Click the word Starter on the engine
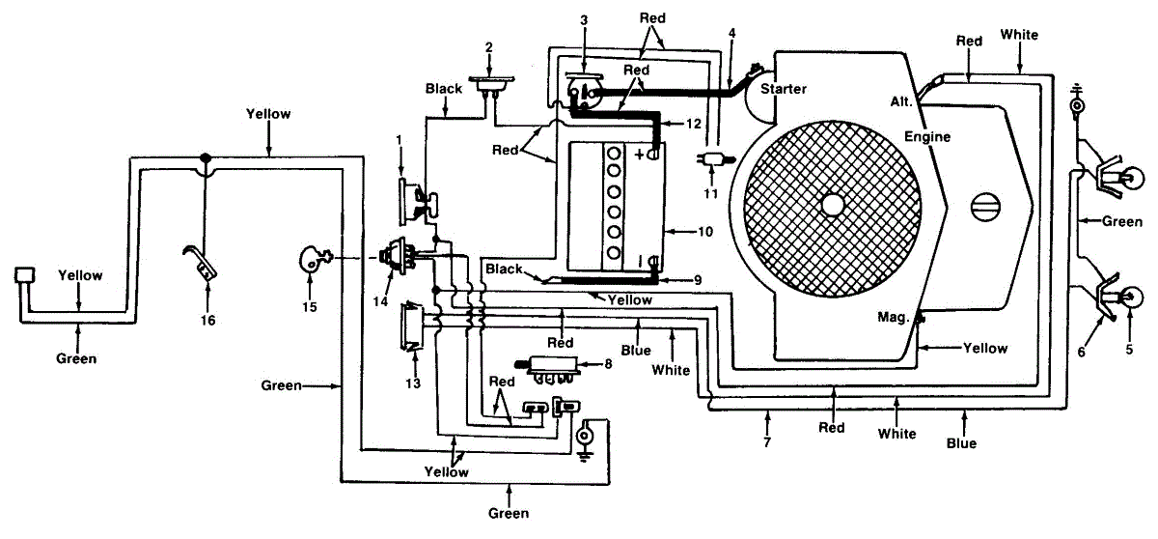point(784,89)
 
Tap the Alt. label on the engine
point(901,101)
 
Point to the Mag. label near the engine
point(893,317)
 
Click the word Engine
point(927,137)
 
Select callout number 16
point(207,321)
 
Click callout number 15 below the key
point(309,307)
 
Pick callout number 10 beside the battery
point(705,232)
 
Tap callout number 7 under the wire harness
point(766,442)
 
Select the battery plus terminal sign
point(640,155)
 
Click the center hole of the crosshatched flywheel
point(832,206)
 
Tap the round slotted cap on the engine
point(985,208)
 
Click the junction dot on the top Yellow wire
point(206,156)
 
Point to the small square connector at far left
point(24,274)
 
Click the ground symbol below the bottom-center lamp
point(584,456)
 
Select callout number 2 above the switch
point(489,47)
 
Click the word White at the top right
point(1019,35)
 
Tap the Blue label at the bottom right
point(961,443)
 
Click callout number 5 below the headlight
point(1129,349)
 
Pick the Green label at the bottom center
point(509,513)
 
